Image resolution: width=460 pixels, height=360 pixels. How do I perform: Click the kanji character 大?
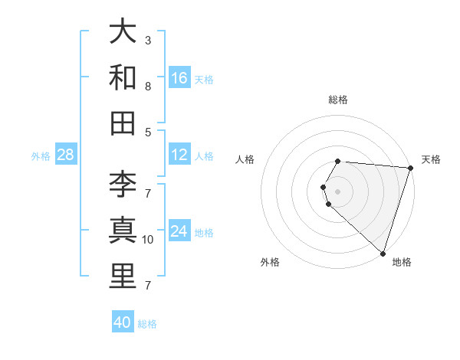coord(123,32)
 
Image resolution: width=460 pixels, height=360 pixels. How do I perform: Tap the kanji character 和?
coord(123,77)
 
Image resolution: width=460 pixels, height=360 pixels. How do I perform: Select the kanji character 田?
coord(123,123)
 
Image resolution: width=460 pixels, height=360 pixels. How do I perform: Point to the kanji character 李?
coord(123,185)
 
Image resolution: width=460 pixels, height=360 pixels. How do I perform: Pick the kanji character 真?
coord(123,231)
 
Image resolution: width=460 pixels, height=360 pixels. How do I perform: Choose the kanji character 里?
coord(123,276)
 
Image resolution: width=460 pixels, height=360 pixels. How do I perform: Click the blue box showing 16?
coord(179,78)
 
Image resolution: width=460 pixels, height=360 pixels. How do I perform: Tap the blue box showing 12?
coord(179,155)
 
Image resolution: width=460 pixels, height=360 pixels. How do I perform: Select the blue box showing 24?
coord(179,231)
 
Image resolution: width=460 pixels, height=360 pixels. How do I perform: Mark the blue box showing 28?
coord(66,155)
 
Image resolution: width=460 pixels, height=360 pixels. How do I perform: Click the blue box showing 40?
coord(123,322)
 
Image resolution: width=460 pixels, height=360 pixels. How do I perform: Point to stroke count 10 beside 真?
coord(148,240)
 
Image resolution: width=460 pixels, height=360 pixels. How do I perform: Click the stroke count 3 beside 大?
coord(148,40)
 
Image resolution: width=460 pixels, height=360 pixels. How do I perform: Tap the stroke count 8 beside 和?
coord(148,86)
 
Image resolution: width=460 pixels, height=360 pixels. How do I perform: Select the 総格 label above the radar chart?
coord(338,100)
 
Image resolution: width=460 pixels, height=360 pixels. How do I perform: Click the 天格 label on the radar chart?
coord(432,159)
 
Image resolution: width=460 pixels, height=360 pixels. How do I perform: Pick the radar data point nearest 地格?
coord(382,252)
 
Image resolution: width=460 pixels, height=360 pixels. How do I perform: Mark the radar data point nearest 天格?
coord(410,168)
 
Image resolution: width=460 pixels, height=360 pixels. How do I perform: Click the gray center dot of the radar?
coord(337,191)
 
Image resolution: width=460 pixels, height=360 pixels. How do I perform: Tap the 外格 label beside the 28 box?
coord(41,156)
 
